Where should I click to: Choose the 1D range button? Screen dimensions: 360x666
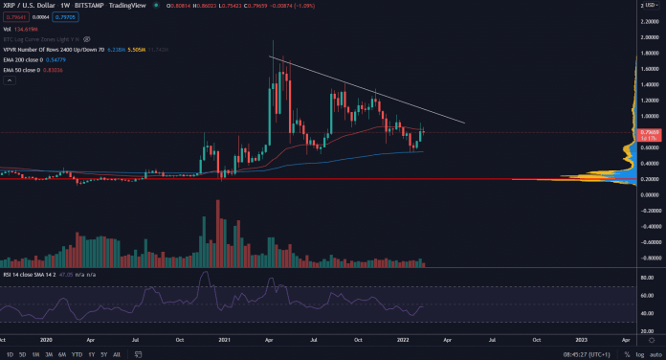click(10, 353)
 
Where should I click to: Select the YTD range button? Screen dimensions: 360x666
click(76, 353)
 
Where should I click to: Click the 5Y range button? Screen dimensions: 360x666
click(104, 353)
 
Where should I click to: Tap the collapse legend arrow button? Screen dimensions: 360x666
click(9, 81)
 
